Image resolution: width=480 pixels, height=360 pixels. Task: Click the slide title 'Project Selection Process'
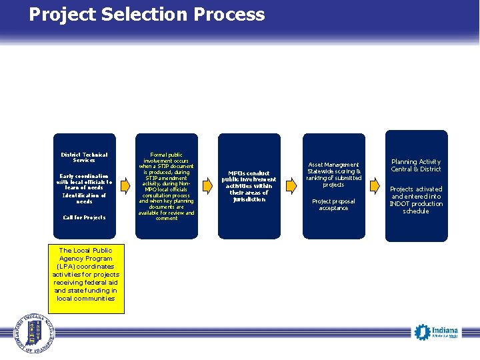click(x=147, y=15)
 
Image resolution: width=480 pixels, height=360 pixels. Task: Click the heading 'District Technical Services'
click(x=85, y=157)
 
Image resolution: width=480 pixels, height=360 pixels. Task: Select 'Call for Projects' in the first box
click(x=85, y=217)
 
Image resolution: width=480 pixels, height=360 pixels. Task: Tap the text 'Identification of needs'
click(x=85, y=198)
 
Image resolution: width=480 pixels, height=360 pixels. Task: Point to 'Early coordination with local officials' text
click(x=85, y=181)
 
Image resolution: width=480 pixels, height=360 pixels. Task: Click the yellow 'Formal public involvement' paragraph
click(x=166, y=186)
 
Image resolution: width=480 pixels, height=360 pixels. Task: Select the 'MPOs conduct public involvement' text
click(x=249, y=186)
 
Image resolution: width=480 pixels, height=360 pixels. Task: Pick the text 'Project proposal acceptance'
click(x=333, y=205)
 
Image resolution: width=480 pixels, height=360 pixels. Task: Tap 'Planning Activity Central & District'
click(x=416, y=165)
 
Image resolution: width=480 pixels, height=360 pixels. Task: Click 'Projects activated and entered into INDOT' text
click(x=416, y=199)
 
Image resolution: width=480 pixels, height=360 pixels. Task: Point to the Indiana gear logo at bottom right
click(x=421, y=331)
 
